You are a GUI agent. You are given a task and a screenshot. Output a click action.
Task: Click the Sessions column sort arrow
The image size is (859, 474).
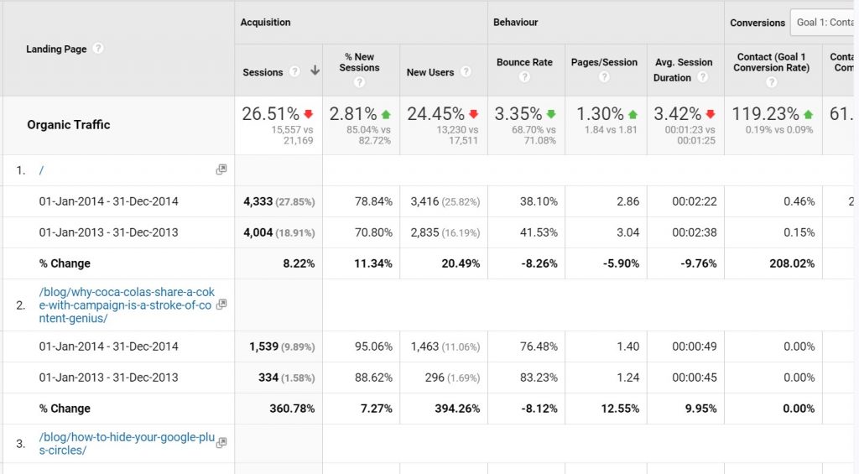(x=315, y=72)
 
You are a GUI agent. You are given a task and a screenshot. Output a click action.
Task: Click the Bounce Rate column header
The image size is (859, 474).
(x=524, y=62)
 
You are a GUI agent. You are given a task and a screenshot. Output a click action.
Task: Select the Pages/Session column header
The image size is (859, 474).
(x=604, y=62)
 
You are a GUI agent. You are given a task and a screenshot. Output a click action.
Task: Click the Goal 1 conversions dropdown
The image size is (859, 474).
(x=824, y=23)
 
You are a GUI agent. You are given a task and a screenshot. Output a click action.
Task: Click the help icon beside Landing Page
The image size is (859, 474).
(x=98, y=49)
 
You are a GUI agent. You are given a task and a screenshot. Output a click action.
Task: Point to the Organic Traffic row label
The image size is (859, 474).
(x=68, y=125)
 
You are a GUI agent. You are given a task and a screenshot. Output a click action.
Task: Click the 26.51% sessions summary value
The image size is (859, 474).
(x=270, y=114)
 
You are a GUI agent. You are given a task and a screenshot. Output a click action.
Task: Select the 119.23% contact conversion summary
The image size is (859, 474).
(x=766, y=114)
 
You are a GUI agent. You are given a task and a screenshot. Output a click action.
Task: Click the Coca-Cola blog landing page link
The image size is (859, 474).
(x=127, y=305)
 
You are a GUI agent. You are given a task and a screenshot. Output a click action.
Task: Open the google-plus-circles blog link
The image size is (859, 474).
(x=127, y=444)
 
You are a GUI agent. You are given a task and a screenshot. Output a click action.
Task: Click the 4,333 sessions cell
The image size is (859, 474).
(x=258, y=201)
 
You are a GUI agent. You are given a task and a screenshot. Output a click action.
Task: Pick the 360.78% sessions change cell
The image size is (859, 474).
(x=286, y=409)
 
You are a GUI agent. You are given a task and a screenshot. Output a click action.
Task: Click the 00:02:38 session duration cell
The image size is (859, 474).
(x=695, y=232)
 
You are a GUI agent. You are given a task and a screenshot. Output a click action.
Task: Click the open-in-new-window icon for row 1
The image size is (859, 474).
(x=221, y=169)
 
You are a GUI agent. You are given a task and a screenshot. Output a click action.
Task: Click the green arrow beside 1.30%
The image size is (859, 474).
(x=632, y=114)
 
